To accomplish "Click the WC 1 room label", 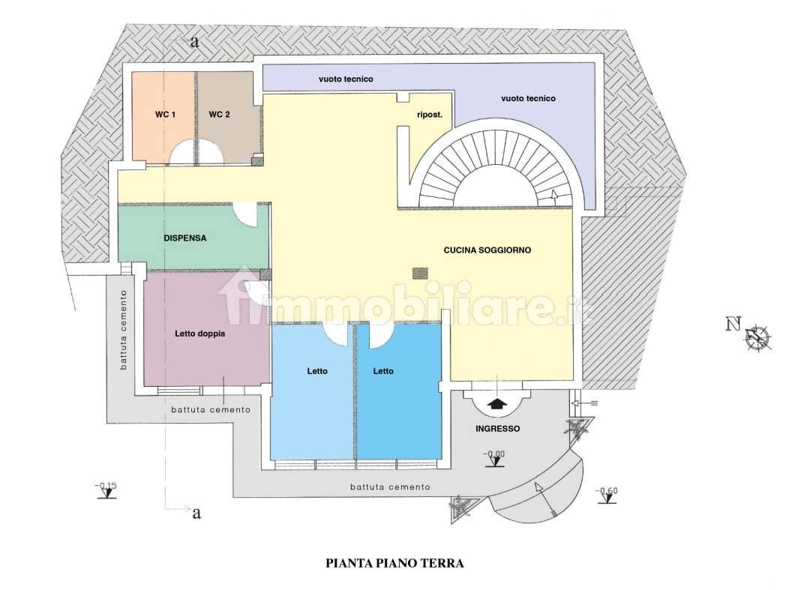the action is click(165, 115).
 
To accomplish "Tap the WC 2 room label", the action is click(219, 115).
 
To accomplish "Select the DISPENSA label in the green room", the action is click(185, 238).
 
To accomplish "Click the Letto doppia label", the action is click(200, 334).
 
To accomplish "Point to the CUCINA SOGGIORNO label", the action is click(487, 250).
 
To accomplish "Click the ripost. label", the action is click(430, 115).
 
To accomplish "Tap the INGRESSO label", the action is click(497, 428).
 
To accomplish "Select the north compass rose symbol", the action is click(758, 337).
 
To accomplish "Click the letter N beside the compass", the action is click(733, 324).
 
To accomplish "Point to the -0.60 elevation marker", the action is click(606, 496).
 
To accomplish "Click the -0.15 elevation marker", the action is click(106, 490).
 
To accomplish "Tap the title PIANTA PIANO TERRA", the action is click(394, 563).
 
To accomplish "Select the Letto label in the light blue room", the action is click(317, 371).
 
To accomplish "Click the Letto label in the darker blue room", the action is click(383, 371).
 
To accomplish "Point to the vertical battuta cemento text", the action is click(123, 330).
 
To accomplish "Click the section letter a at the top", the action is click(194, 42).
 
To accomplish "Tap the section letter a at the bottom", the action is click(196, 513).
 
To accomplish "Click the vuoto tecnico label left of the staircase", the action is click(346, 79).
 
